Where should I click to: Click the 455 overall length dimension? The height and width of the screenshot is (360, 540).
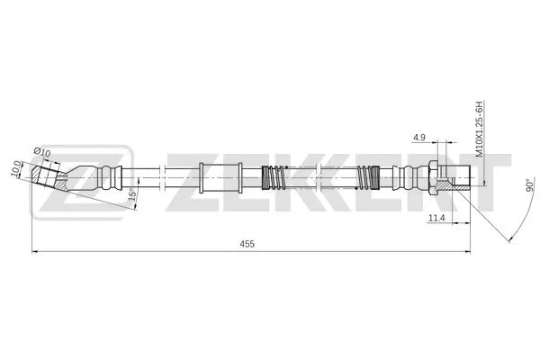247,244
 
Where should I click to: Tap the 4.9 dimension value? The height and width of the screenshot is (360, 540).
419,138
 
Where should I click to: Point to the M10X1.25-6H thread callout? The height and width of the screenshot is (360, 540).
480,129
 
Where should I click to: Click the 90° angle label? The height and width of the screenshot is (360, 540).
530,185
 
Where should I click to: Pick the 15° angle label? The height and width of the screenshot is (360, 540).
132,194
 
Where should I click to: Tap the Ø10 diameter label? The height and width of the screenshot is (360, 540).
42,151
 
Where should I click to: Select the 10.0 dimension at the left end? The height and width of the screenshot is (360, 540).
16,168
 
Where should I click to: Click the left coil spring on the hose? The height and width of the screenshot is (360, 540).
274,177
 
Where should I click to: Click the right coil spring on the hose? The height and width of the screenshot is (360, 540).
368,177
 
